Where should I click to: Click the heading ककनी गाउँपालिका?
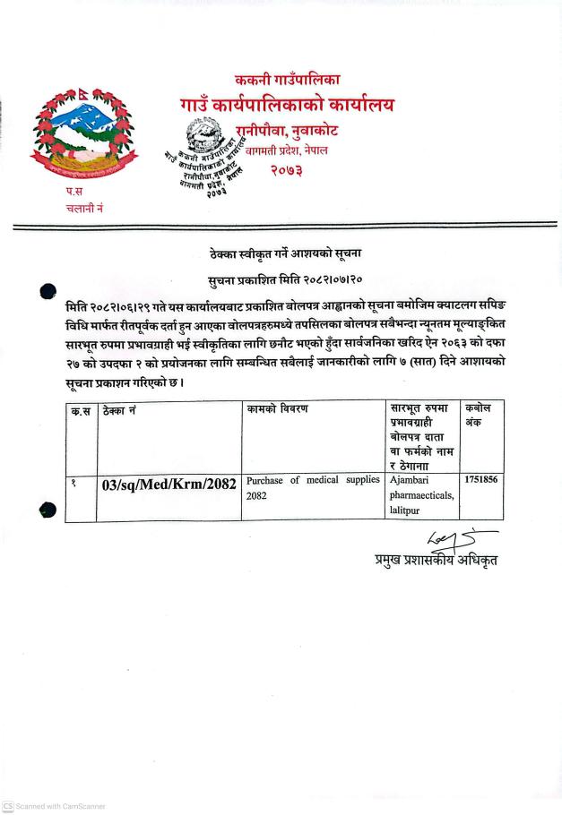(x=286, y=81)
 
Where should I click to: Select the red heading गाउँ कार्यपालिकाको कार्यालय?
(x=286, y=106)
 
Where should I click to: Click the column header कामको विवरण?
(x=278, y=409)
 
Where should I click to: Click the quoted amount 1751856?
(x=480, y=480)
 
